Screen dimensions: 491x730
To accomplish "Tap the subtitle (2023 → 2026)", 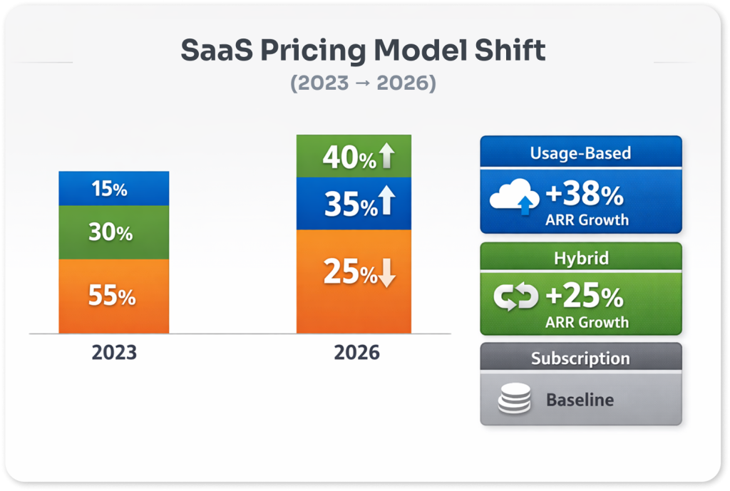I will [363, 83].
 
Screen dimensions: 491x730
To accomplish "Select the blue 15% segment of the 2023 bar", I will [114, 189].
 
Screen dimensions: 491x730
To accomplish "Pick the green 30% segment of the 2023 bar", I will [114, 232].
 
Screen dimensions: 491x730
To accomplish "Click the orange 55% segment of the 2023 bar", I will [114, 296].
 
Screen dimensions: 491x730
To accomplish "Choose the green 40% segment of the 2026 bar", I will [354, 157].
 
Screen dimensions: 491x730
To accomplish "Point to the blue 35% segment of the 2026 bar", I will [354, 204].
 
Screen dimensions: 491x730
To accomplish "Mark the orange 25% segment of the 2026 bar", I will [354, 281].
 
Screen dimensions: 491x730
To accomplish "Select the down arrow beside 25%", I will [386, 273].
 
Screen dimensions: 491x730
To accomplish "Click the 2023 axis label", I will [114, 353].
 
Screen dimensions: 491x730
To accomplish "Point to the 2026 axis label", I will [357, 353].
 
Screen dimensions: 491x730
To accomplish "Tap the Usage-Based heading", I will [580, 153].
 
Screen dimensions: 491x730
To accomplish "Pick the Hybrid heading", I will [580, 258].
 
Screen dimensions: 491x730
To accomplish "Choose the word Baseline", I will [580, 400].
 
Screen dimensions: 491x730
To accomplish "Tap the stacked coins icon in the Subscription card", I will [514, 400].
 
